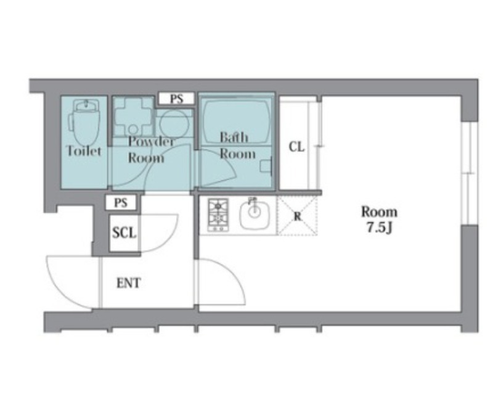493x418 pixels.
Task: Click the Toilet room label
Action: pos(84,151)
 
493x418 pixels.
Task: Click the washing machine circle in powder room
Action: pos(174,123)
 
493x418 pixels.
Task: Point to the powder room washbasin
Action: pos(133,116)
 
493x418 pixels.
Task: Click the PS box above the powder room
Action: pos(176,99)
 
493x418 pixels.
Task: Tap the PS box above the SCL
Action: pos(121,203)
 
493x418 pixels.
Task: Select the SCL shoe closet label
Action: pos(124,233)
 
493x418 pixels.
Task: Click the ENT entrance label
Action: pos(129,283)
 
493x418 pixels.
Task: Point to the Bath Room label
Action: pos(237,145)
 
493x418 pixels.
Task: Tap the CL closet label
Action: pos(297,147)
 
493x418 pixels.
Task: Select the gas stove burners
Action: pos(218,215)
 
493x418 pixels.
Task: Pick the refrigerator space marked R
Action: pos(297,216)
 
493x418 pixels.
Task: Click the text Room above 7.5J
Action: pos(379,211)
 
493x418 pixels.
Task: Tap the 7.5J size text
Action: pos(380,227)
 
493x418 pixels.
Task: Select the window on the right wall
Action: pos(470,173)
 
